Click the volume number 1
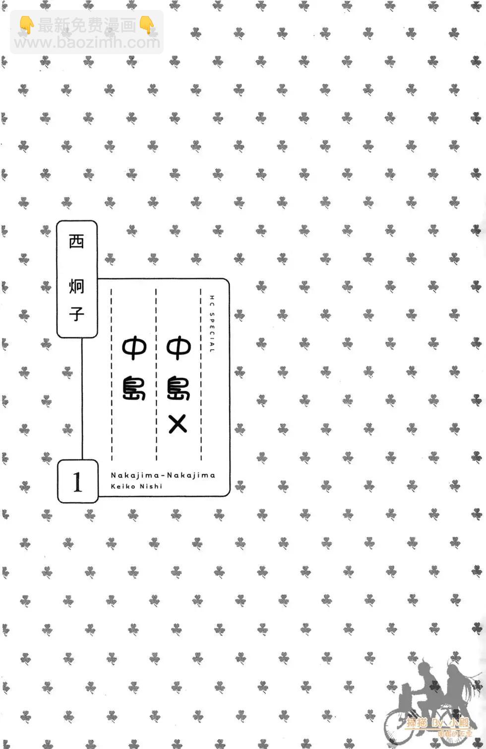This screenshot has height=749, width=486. pyautogui.click(x=77, y=482)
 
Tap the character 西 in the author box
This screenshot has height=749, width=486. pyautogui.click(x=76, y=241)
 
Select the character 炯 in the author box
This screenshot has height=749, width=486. pyautogui.click(x=76, y=285)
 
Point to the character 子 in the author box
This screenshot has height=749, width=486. pyautogui.click(x=76, y=313)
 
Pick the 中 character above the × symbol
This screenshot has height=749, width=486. pyautogui.click(x=178, y=348)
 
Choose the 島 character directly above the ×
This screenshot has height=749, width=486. pyautogui.click(x=178, y=386)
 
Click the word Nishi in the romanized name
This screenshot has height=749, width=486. pyautogui.click(x=150, y=486)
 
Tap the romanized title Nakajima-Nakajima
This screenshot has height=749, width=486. pyautogui.click(x=163, y=475)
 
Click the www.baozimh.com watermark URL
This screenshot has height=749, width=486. pyautogui.click(x=87, y=43)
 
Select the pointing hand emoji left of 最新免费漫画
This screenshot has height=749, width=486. pyautogui.click(x=26, y=25)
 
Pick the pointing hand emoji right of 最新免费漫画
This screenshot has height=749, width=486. pyautogui.click(x=147, y=25)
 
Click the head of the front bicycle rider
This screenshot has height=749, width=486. pyautogui.click(x=426, y=668)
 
